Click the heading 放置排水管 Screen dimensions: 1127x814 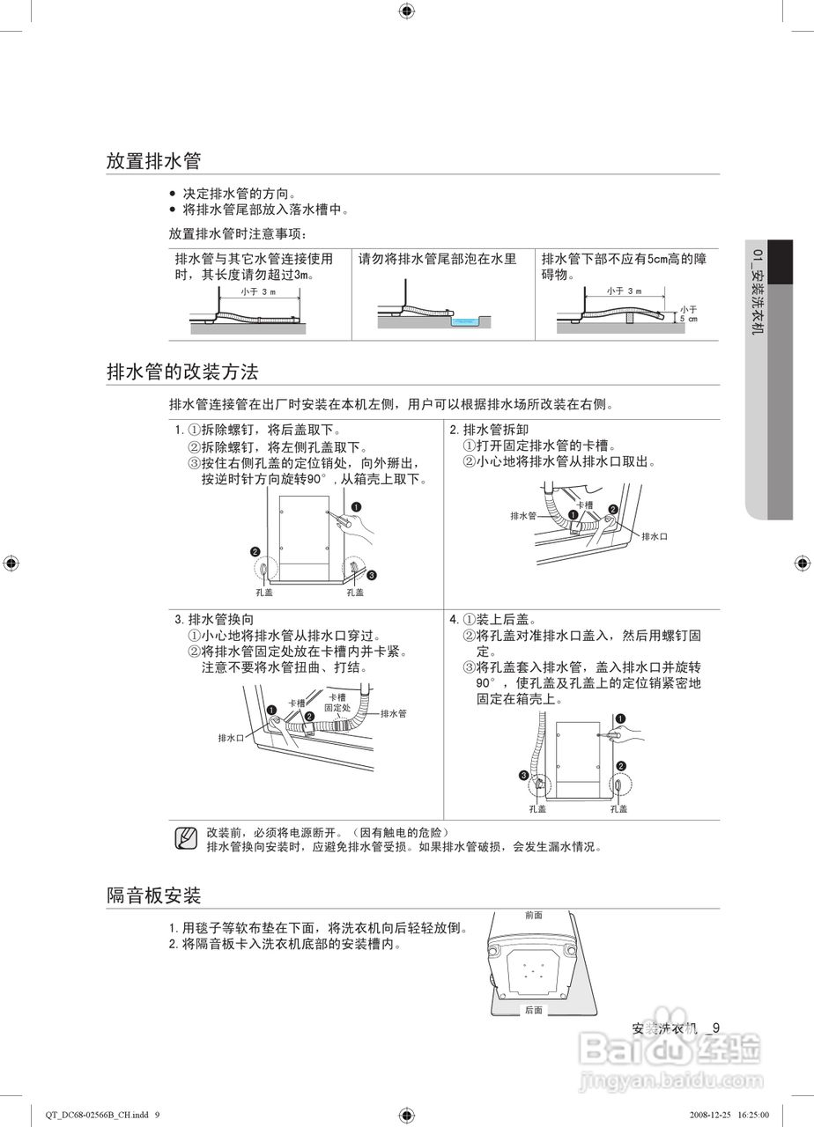(x=154, y=161)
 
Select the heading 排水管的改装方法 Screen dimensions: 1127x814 (x=182, y=372)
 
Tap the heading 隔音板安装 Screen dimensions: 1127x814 (x=154, y=895)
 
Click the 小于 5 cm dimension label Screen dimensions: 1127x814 (x=688, y=313)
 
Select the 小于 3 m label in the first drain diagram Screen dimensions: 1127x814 (x=257, y=291)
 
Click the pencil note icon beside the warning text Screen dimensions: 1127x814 (x=186, y=838)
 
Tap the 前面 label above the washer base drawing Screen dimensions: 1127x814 (x=533, y=916)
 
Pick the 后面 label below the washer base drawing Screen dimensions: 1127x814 (x=533, y=1010)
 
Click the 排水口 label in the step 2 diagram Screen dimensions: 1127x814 (x=655, y=536)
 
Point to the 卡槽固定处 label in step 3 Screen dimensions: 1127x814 (x=337, y=702)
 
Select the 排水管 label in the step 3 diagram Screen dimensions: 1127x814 (x=393, y=713)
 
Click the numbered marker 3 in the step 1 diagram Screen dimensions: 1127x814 (x=372, y=575)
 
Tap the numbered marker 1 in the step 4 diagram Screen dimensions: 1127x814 (x=620, y=718)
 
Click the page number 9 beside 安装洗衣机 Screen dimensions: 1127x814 (x=716, y=1028)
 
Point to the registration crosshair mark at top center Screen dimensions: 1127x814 (x=406, y=11)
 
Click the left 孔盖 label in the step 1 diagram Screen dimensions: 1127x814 (x=264, y=593)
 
